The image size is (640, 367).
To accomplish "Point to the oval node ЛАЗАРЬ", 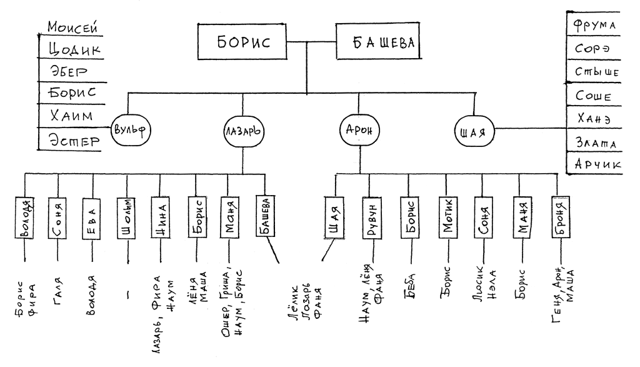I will pyautogui.click(x=242, y=132).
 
